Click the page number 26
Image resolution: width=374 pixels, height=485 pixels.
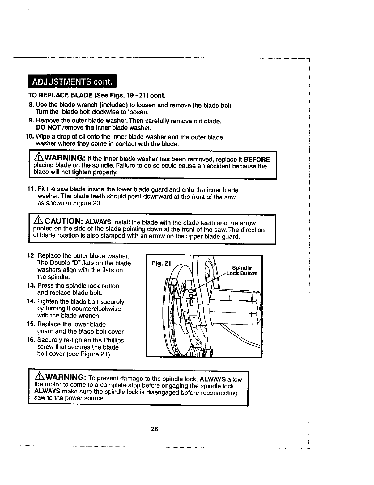click(155, 429)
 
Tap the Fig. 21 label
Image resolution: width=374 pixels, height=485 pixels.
click(161, 263)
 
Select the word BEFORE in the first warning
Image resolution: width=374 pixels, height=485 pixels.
click(257, 160)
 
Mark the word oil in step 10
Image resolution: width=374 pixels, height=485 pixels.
click(74, 137)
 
